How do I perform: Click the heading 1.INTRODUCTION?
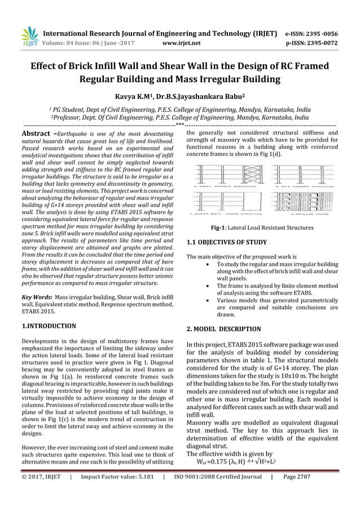[49, 326]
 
